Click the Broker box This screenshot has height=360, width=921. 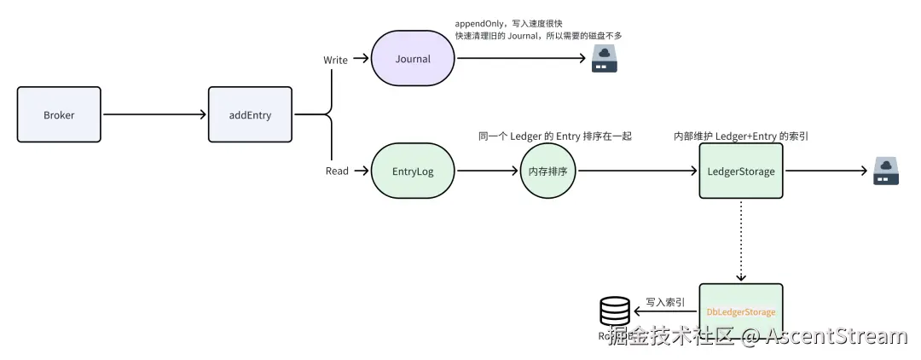[59, 114]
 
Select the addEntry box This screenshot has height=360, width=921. [250, 114]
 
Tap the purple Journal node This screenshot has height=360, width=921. [413, 59]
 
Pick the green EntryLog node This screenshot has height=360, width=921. [413, 171]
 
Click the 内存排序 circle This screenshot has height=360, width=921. [548, 171]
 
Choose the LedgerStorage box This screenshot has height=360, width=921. [740, 171]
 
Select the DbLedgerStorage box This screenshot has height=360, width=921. [740, 311]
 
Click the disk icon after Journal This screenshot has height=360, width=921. [605, 59]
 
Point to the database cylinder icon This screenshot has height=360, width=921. [616, 312]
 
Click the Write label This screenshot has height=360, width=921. [335, 59]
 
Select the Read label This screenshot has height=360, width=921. [337, 171]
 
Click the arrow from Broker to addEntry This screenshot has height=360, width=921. [154, 114]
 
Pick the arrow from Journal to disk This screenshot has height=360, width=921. [520, 59]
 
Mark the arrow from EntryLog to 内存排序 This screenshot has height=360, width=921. [487, 171]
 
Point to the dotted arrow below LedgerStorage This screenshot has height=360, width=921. [740, 241]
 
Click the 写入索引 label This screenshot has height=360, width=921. [665, 301]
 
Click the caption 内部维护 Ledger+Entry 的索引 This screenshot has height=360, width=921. [740, 136]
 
